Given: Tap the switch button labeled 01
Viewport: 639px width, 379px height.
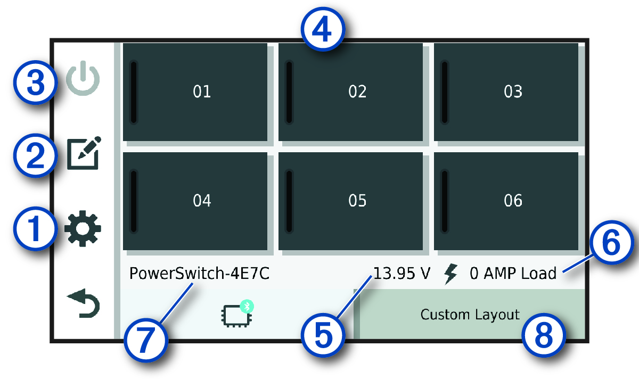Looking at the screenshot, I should tap(195, 92).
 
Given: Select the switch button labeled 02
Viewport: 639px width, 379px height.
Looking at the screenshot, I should tap(350, 92).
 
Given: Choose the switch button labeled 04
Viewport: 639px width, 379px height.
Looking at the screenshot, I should tap(195, 201).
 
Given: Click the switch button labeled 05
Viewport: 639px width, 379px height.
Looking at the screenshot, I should tap(350, 201).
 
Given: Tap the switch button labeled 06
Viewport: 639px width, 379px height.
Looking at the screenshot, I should tap(506, 201).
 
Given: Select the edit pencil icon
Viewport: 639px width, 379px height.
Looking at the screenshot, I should tap(83, 154).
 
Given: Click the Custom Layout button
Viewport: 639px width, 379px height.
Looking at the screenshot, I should tap(470, 315).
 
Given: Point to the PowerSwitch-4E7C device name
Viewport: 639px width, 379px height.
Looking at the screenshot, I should tap(199, 274).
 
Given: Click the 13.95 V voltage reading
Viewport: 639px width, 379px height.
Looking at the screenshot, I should tap(402, 274).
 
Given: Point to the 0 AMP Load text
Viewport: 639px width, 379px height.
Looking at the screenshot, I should tap(512, 274).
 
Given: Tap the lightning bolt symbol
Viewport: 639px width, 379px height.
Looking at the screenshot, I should tap(450, 274).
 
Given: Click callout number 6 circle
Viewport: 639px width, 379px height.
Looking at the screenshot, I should tap(610, 245).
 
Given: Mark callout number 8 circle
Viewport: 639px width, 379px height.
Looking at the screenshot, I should tap(543, 335).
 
